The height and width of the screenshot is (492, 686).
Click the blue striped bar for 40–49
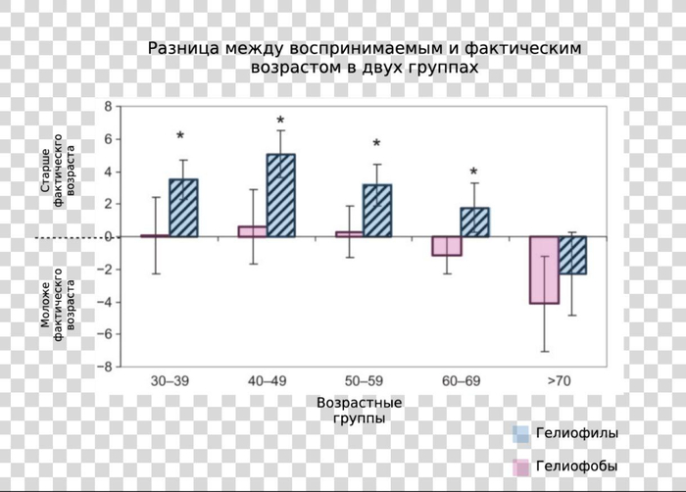(x=280, y=195)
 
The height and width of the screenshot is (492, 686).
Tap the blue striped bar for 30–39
(x=183, y=208)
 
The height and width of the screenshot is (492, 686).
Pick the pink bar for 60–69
(x=446, y=246)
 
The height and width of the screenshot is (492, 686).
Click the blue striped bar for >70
(x=573, y=255)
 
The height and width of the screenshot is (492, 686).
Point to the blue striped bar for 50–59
(x=377, y=211)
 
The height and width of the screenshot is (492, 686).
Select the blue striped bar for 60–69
(x=475, y=221)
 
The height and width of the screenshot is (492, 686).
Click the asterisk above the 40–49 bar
(x=281, y=122)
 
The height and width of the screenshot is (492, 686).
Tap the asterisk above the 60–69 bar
(x=474, y=172)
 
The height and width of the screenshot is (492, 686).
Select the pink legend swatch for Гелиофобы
(x=521, y=467)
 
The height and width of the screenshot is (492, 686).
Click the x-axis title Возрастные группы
(x=360, y=411)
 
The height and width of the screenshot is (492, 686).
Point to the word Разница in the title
(x=182, y=48)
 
